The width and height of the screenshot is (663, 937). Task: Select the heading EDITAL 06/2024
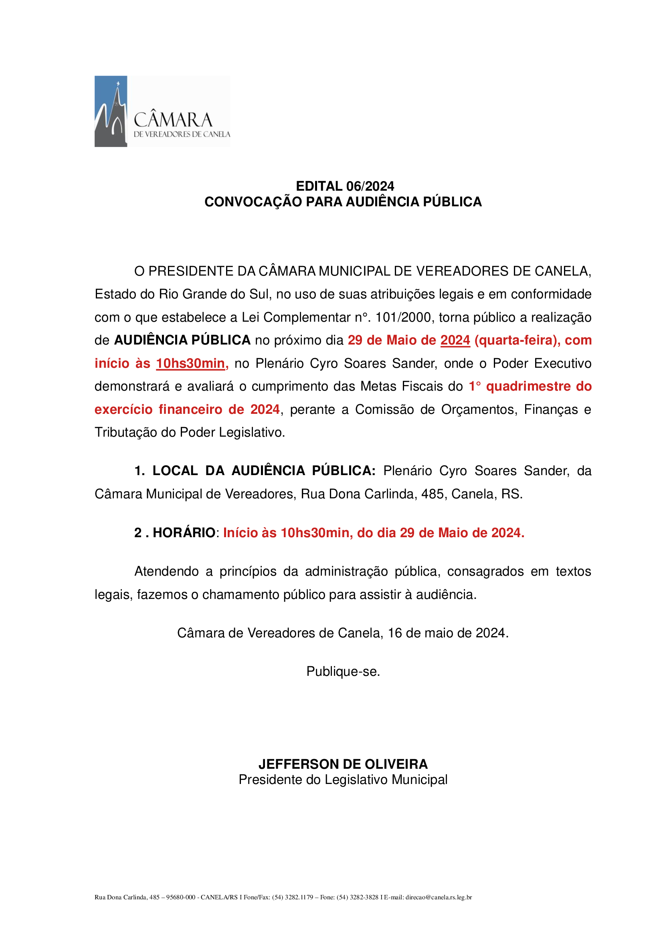pyautogui.click(x=345, y=186)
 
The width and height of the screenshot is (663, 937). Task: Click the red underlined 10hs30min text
pyautogui.click(x=190, y=363)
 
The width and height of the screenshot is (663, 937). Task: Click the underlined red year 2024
pyautogui.click(x=455, y=340)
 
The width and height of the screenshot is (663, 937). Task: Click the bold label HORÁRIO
pyautogui.click(x=184, y=532)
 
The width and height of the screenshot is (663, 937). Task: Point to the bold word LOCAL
pyautogui.click(x=175, y=471)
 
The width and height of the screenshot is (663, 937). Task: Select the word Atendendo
pyautogui.click(x=167, y=571)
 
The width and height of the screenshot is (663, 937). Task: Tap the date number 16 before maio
pyautogui.click(x=395, y=633)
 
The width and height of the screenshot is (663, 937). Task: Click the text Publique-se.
pyautogui.click(x=343, y=671)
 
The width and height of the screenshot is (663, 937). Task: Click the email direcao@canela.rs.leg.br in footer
pyautogui.click(x=439, y=897)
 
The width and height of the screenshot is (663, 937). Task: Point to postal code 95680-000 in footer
pyautogui.click(x=181, y=897)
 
